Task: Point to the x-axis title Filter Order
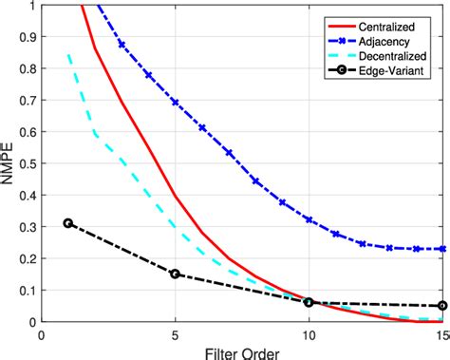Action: pyautogui.click(x=243, y=351)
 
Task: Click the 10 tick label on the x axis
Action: pyautogui.click(x=309, y=334)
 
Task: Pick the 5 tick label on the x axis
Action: pyautogui.click(x=175, y=334)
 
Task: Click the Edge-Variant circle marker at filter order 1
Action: pyautogui.click(x=67, y=223)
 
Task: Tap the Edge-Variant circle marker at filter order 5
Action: pyautogui.click(x=175, y=274)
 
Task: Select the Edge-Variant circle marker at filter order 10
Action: pyautogui.click(x=309, y=302)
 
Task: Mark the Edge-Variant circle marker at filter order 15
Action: pyautogui.click(x=442, y=306)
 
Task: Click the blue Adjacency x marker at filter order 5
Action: pyautogui.click(x=175, y=103)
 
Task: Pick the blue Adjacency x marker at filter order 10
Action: pyautogui.click(x=309, y=219)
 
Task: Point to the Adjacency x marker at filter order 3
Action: pyautogui.click(x=122, y=45)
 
